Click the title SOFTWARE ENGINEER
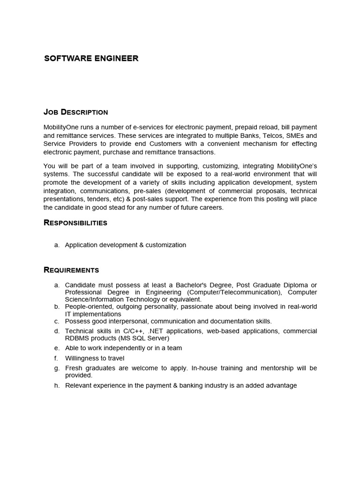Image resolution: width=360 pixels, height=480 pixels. click(91, 59)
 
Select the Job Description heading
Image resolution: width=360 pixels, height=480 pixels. click(75, 112)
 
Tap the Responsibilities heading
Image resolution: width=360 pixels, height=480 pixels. click(75, 223)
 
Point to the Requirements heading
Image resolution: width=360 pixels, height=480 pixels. click(71, 270)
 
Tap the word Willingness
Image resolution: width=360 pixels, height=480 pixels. click(82, 358)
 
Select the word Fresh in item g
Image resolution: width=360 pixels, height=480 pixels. click(74, 368)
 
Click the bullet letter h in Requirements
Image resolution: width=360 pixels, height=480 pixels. click(57, 385)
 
